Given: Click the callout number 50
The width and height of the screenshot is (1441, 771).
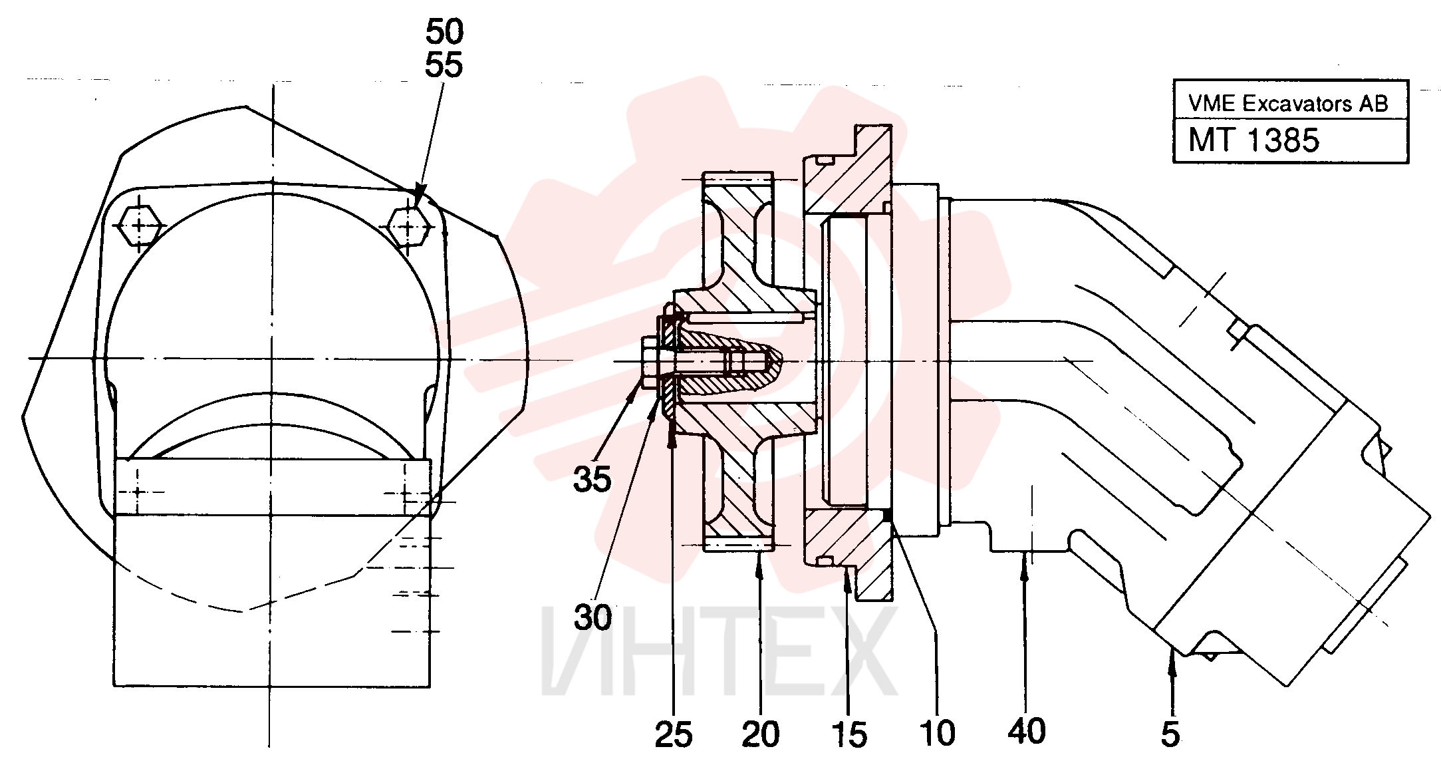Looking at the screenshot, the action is [x=444, y=31].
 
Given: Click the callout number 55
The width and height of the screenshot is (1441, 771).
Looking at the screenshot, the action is [x=444, y=65].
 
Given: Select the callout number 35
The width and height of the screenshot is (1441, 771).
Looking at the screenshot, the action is [x=592, y=479].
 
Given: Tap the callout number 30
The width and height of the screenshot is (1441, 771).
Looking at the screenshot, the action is [x=592, y=618].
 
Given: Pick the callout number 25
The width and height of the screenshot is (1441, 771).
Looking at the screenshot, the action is [x=674, y=735].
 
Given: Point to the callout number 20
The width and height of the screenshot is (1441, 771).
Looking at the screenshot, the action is [x=761, y=735].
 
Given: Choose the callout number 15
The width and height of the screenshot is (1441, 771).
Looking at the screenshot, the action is [x=849, y=735].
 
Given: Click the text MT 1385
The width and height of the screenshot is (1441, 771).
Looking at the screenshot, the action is [x=1253, y=140].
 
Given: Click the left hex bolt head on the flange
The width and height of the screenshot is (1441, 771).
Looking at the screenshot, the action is [x=139, y=226].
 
